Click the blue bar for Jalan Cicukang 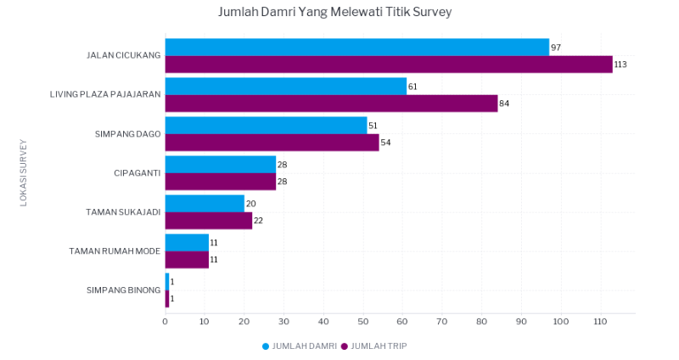357,48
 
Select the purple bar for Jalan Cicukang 389,65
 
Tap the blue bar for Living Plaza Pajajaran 286,87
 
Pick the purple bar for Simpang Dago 272,143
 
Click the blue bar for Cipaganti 221,165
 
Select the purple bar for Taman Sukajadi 209,221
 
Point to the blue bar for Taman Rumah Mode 187,243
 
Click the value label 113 620,65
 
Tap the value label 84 504,104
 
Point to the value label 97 556,48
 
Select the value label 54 385,143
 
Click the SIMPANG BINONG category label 123,290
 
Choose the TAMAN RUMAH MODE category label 115,251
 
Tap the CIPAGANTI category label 137,173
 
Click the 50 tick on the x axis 363,322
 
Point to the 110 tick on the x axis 601,322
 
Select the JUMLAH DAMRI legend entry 300,346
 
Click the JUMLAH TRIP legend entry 374,346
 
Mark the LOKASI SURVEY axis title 24,173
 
